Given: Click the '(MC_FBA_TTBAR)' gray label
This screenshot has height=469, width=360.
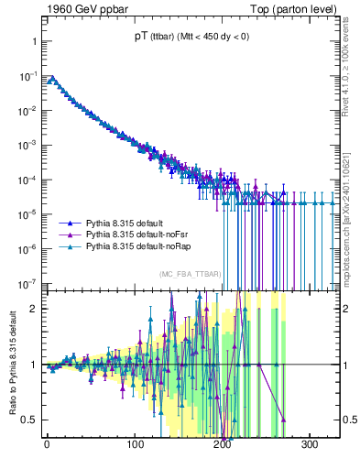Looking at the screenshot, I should pyautogui.click(x=190, y=275).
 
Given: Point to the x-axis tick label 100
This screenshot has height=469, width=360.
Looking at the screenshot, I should pyautogui.click(x=135, y=445).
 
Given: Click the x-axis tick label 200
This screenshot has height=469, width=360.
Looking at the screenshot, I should pyautogui.click(x=223, y=445).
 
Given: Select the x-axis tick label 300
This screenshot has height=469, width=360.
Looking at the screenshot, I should pyautogui.click(x=311, y=445).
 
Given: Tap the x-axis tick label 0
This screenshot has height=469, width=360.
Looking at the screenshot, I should pyautogui.click(x=47, y=445).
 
